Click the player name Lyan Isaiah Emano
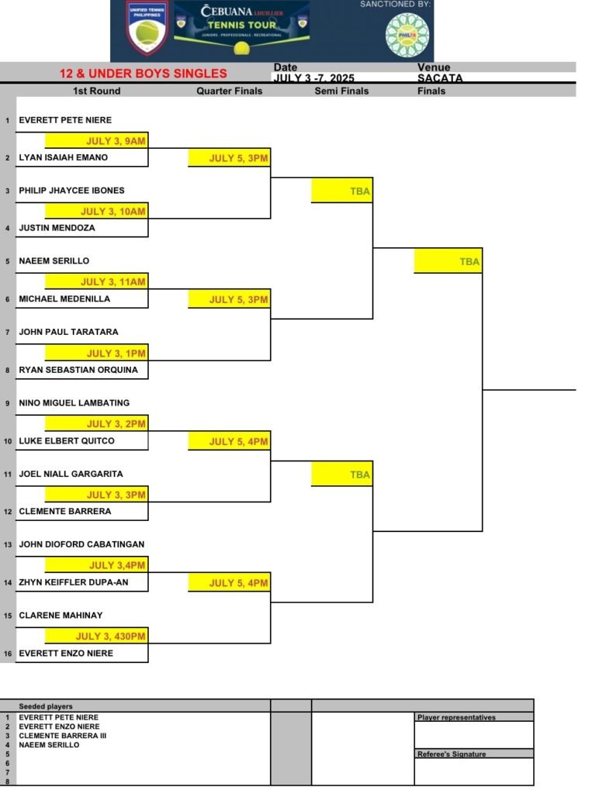coord(64,157)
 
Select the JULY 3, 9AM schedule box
coord(96,140)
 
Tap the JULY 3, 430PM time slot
coord(96,636)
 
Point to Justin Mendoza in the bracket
coord(57,228)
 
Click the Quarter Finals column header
coord(229,91)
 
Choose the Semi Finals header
coord(341,91)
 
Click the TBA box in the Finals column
coord(448,261)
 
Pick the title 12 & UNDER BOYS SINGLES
coord(143,74)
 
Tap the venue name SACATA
coord(440,78)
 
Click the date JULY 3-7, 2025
coord(313,78)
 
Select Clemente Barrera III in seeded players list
coord(62,736)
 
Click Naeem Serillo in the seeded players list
coord(49,745)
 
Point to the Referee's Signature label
coord(451,754)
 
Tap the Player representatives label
coord(456,717)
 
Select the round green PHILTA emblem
coord(407,35)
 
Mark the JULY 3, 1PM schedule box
coord(96,353)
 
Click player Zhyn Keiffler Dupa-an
coord(74,582)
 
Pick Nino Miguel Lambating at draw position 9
coord(74,403)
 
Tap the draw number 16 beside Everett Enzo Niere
coord(8,654)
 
